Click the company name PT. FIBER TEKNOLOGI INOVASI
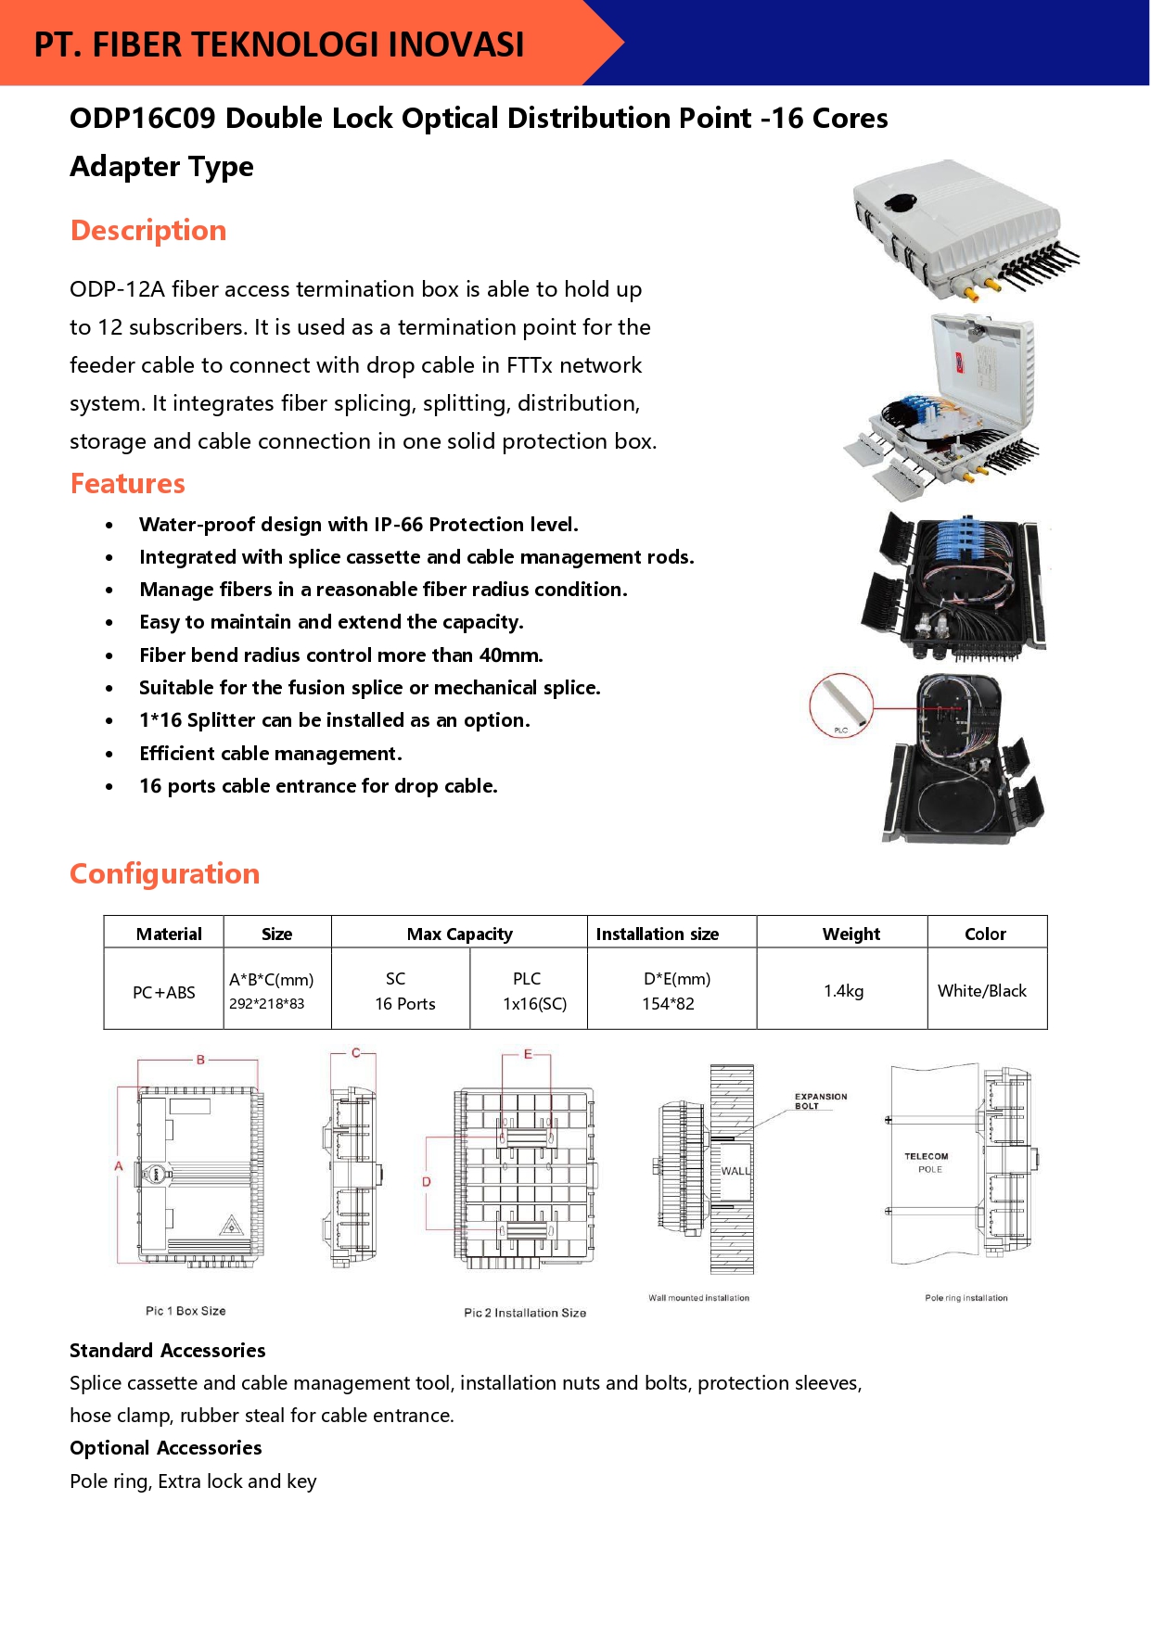coord(279,44)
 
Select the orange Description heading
coord(148,230)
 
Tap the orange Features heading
coord(128,483)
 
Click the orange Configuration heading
coord(165,873)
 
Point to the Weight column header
coord(850,934)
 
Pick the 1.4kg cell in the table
coord(843,990)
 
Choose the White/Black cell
coord(981,990)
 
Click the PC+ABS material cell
coord(164,992)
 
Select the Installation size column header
coord(657,934)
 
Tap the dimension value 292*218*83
coord(267,1003)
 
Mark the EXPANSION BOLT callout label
coord(821,1100)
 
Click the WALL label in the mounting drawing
coord(735,1171)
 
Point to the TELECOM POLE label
coord(927,1163)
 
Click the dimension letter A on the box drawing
coord(119,1166)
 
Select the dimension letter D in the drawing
coord(427,1181)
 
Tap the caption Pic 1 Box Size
coord(185,1311)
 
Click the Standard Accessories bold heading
coord(168,1350)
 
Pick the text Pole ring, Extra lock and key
coord(193,1481)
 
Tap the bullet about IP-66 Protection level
coord(358,525)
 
